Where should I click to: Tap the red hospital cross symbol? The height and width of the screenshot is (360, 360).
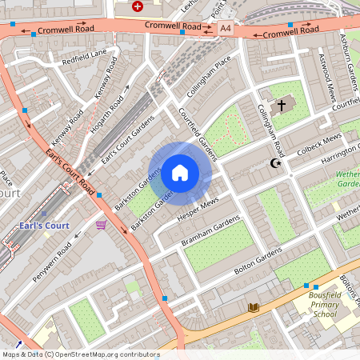pyautogui.click(x=138, y=6)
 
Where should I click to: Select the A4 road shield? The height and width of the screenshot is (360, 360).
pyautogui.click(x=226, y=28)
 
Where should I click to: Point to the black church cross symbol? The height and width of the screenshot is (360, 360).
pyautogui.click(x=281, y=106)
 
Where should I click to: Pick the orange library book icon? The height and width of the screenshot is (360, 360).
pyautogui.click(x=254, y=307)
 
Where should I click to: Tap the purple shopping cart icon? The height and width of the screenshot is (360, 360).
pyautogui.click(x=101, y=226)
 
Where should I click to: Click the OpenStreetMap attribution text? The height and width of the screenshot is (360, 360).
pyautogui.click(x=80, y=354)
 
